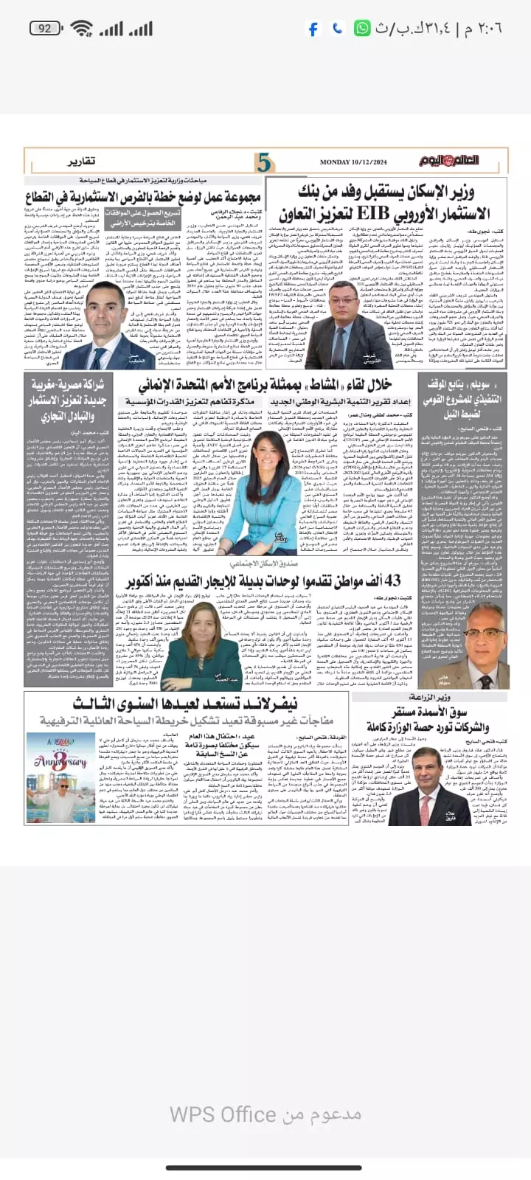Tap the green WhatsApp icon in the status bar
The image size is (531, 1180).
pos(362,28)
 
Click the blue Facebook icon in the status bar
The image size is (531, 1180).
pos(313,29)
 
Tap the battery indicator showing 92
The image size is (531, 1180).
pos(45,28)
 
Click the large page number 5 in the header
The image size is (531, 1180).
pos(264,161)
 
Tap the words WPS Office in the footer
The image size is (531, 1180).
pos(212,1114)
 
